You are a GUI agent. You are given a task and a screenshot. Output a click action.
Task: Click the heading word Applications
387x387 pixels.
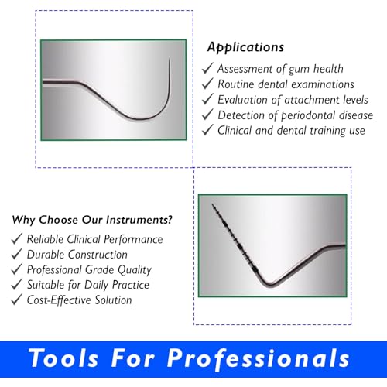click(245, 47)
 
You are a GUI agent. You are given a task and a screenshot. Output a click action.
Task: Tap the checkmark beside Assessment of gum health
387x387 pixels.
click(207, 68)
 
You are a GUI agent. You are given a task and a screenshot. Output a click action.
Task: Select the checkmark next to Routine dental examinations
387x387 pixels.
click(207, 84)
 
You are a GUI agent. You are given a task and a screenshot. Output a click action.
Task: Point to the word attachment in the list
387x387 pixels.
click(312, 100)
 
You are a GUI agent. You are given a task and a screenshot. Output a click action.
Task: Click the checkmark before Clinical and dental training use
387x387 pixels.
click(207, 129)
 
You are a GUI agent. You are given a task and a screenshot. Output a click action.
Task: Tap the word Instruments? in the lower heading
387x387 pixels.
click(139, 220)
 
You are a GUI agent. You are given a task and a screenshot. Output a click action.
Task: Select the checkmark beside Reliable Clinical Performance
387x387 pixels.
click(17, 238)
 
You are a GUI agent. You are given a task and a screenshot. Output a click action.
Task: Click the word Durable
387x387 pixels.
click(46, 255)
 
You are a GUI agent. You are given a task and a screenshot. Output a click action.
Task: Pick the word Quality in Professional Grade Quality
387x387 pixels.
click(135, 270)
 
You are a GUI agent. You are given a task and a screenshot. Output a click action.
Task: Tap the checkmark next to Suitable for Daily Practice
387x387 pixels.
click(17, 284)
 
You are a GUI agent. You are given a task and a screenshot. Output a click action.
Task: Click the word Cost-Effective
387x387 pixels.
click(59, 300)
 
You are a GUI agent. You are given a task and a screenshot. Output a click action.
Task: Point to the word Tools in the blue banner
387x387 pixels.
click(63, 358)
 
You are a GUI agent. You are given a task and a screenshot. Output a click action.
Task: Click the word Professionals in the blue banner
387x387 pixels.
click(259, 359)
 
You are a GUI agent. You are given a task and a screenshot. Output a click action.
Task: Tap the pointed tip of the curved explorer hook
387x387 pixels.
click(170, 59)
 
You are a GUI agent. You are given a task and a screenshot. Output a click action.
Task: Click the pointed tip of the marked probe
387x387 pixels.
click(212, 204)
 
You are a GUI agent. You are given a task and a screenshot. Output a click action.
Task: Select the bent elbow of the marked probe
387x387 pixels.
click(269, 285)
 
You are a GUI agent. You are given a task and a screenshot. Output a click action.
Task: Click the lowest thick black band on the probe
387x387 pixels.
click(255, 270)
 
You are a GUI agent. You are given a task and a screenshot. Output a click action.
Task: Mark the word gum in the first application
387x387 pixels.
click(298, 70)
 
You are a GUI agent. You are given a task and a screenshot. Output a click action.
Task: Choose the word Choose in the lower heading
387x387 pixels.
click(58, 220)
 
